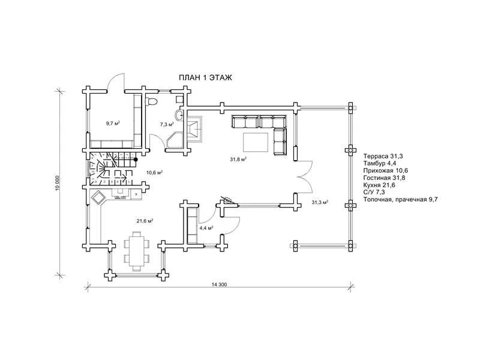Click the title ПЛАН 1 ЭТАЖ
tap(205, 78)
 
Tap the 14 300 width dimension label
tap(219, 284)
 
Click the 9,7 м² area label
tap(113, 124)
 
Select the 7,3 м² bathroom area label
tap(167, 124)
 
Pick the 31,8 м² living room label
tap(238, 159)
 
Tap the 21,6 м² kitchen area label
tap(145, 220)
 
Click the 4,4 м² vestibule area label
tap(206, 228)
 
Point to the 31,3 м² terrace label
tap(320, 202)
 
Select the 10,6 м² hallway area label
tap(154, 172)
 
